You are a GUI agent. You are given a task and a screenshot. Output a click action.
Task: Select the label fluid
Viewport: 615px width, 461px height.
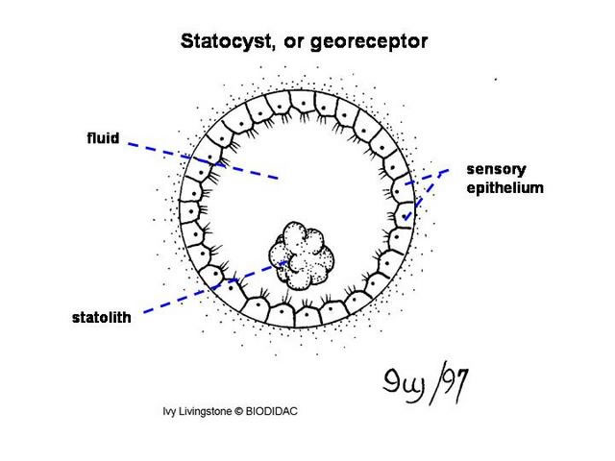click(102, 138)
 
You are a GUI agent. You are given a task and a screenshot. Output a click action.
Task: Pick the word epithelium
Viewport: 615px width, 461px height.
click(504, 187)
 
